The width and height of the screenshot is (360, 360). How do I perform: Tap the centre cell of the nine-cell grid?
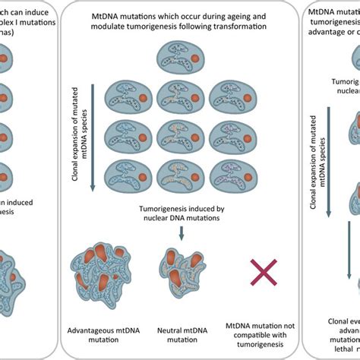(180, 135)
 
